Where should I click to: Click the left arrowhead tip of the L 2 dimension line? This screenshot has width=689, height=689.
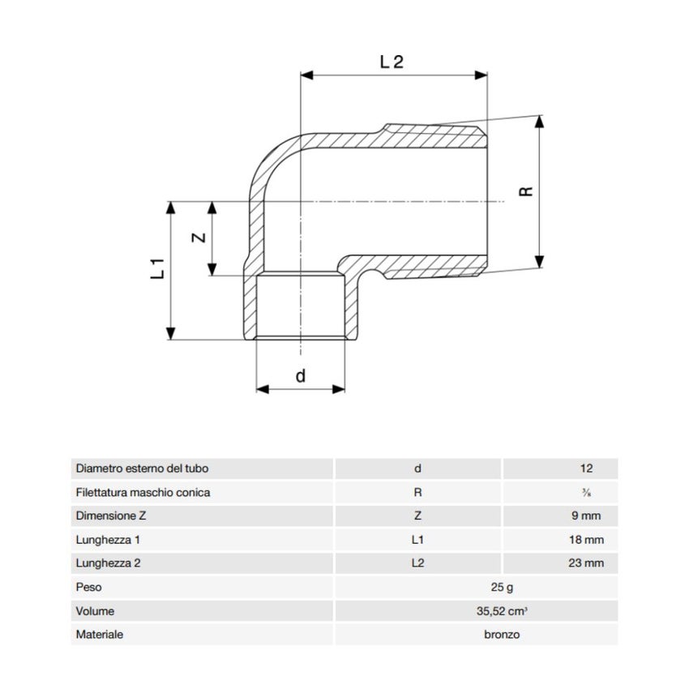[301, 75]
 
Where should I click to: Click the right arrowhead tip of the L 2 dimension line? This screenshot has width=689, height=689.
[487, 75]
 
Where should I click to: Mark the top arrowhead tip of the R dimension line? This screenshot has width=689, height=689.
[540, 116]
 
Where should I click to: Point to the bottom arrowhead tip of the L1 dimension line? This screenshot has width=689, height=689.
[171, 340]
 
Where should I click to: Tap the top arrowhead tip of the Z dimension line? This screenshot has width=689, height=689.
[212, 202]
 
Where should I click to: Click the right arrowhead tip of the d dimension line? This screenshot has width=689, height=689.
[345, 389]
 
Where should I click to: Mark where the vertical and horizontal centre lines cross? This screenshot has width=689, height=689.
[301, 202]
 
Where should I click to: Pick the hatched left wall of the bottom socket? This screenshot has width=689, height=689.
[250, 306]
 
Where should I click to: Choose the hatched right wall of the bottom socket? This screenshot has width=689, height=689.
[352, 306]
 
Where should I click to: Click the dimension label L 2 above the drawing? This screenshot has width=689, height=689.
[392, 62]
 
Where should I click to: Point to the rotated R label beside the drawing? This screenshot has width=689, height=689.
[526, 191]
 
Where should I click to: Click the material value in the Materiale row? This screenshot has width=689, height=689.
[502, 635]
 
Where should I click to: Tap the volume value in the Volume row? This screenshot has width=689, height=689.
[502, 611]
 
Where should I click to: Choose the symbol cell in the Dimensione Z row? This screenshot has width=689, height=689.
[418, 516]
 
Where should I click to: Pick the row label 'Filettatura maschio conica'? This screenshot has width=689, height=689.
[143, 492]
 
